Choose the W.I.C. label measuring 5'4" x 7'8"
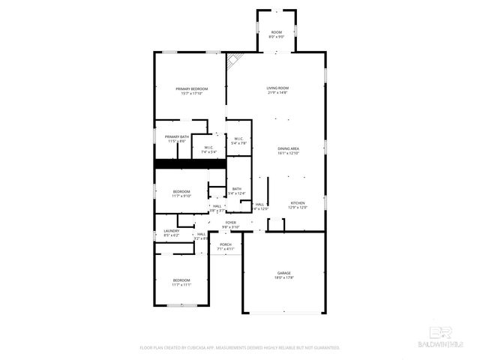coord(238,140)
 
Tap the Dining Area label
coord(289,151)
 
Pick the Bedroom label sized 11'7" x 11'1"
coord(181,282)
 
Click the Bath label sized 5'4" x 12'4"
coord(237,191)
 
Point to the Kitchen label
coord(298,205)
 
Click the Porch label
coord(225,246)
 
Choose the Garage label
coord(284,274)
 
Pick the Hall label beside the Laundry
coord(201,235)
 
